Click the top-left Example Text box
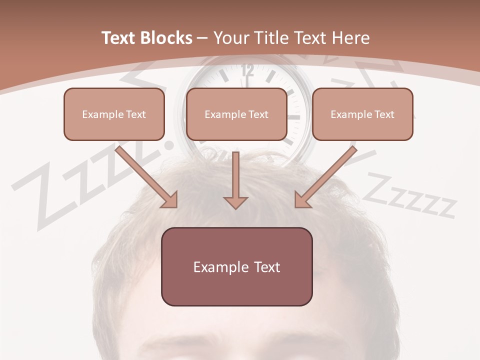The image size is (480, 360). coord(114,114)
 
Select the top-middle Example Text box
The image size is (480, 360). coord(236,114)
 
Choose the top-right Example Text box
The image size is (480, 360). coord(362,114)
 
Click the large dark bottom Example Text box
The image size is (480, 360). coord(236,266)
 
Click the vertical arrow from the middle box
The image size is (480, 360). coord(235,180)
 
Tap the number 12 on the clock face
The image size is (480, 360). coord(247,70)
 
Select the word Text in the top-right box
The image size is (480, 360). coord(384,114)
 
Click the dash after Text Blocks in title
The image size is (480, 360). coord(202,38)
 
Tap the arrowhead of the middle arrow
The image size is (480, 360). coord(235,202)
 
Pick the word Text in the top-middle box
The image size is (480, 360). coord(258,114)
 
